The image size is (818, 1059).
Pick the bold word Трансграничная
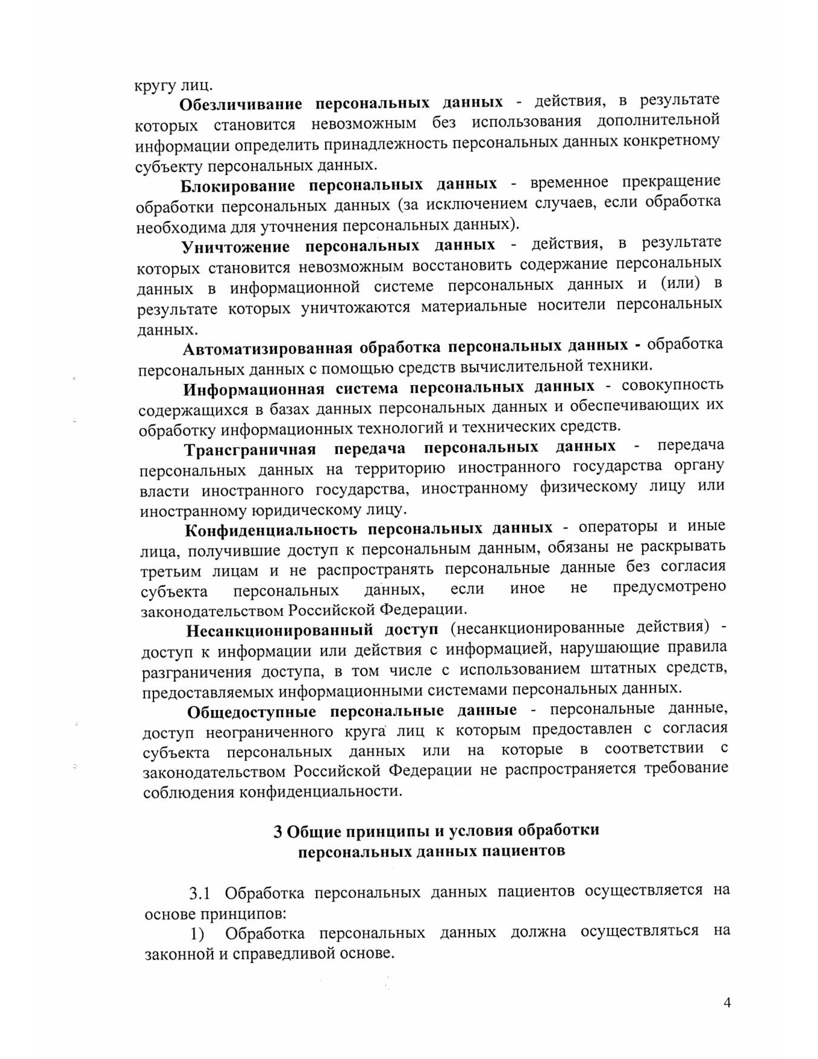coord(250,450)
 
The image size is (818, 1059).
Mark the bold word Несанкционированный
coord(280,631)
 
